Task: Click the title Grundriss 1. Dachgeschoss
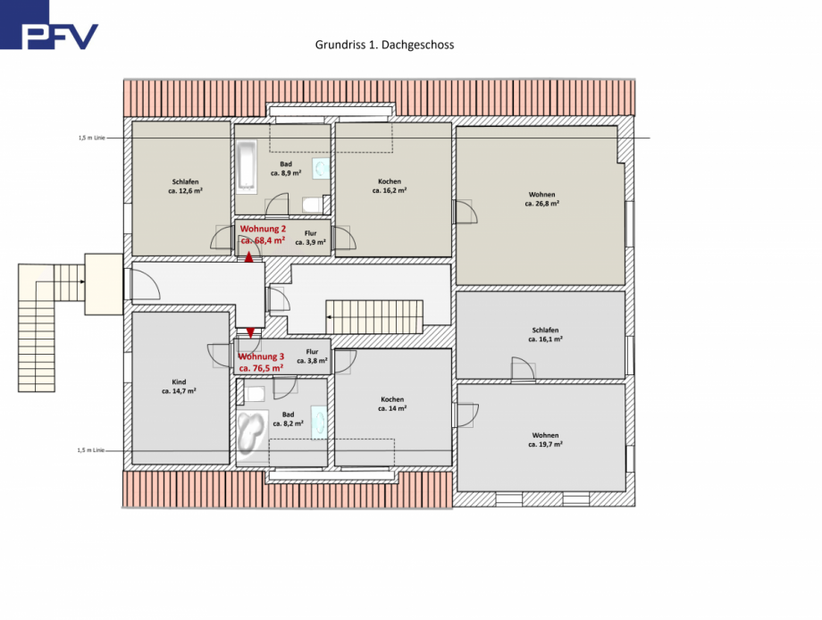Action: (384, 44)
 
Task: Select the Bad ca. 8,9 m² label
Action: (286, 169)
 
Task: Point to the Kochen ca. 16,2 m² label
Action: (390, 186)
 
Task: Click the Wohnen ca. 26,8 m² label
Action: (541, 198)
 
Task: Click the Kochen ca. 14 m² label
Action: (391, 404)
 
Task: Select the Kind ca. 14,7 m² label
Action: (179, 386)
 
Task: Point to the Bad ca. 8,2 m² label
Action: (288, 419)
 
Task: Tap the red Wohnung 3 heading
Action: (260, 356)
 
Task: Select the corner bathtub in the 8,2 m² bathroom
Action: (250, 433)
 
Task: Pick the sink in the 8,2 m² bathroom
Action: (319, 421)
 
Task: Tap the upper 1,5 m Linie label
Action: (92, 138)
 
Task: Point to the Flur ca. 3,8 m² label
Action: (312, 356)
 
